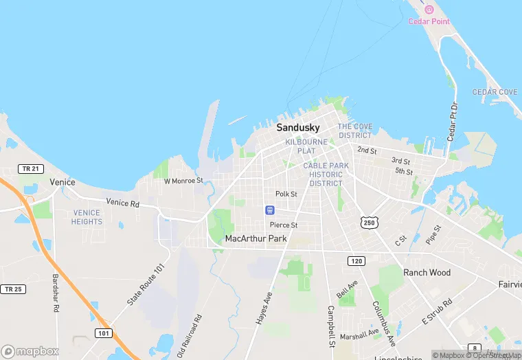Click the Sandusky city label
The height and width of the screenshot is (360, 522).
tap(298, 128)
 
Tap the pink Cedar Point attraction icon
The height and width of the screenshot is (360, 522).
tap(429, 10)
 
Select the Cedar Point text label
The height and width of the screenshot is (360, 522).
tap(429, 21)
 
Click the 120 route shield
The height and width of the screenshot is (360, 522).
tap(356, 261)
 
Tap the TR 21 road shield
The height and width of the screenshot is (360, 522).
tap(29, 168)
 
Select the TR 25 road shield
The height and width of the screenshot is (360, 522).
tap(12, 289)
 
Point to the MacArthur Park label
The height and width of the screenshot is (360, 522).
tap(256, 238)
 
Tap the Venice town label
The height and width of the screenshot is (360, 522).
tap(63, 182)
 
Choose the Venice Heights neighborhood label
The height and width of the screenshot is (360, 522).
tap(87, 217)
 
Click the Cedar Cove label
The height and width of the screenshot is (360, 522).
tap(495, 92)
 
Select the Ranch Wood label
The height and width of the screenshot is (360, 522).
tap(427, 273)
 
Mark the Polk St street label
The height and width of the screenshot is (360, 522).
tap(286, 194)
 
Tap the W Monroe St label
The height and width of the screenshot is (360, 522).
tap(183, 181)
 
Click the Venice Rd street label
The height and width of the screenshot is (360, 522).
tap(122, 203)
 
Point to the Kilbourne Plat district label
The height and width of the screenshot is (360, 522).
tap(306, 146)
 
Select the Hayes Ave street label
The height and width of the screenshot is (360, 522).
tap(264, 306)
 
